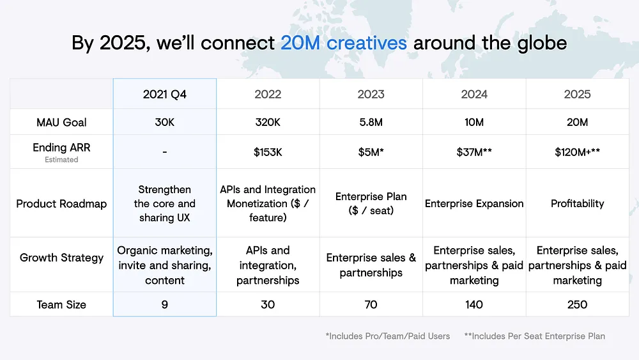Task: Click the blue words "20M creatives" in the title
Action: point(344,43)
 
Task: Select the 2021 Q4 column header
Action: point(165,94)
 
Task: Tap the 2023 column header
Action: point(371,94)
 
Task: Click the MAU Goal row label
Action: point(61,122)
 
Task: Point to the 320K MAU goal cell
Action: point(268,122)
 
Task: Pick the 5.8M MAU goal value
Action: point(371,122)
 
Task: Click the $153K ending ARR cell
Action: point(268,152)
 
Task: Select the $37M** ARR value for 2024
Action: point(474,152)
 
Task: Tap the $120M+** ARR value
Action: point(577,152)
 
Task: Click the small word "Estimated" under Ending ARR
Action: point(61,160)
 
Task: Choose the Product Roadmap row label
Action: point(61,203)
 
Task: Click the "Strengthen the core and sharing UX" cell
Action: point(165,203)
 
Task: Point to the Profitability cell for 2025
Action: point(577,203)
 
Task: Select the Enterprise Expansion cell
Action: point(474,203)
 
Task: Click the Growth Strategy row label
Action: point(61,258)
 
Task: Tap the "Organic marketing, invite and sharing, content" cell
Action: point(165,265)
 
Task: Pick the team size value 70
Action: point(371,304)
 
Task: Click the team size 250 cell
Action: point(577,304)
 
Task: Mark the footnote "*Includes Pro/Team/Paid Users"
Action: point(388,336)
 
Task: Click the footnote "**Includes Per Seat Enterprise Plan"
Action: point(535,336)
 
